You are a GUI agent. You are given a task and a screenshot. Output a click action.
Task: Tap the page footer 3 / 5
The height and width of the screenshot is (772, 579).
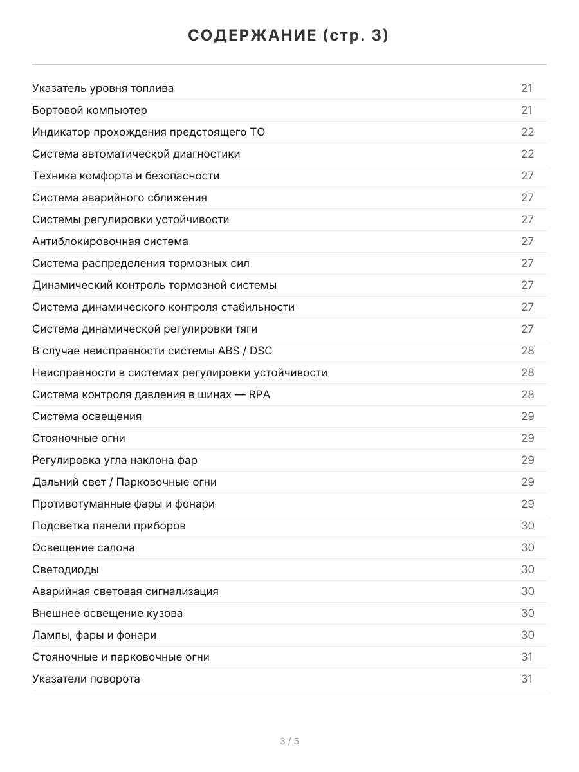point(289,741)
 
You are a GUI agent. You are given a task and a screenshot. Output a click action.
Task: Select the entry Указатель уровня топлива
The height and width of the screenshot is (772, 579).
point(103,88)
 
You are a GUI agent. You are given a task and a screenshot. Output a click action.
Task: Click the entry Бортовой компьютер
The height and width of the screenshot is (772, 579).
point(89,110)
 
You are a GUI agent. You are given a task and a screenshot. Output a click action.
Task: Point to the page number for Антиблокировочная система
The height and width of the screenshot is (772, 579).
point(528,241)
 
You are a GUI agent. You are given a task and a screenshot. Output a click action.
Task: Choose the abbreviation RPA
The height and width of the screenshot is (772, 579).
point(259,394)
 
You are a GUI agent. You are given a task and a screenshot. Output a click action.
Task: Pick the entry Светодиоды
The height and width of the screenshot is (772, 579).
point(66,569)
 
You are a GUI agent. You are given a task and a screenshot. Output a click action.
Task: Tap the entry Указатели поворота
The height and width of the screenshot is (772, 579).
point(86,679)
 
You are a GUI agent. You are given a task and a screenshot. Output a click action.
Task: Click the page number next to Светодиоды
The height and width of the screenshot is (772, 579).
point(528,569)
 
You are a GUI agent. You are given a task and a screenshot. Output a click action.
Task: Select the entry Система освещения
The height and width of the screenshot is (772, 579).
point(87,416)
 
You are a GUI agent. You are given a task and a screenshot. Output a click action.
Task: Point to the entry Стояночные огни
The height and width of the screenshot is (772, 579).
point(78,438)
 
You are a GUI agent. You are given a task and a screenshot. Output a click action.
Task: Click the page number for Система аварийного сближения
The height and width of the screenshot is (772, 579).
point(528,198)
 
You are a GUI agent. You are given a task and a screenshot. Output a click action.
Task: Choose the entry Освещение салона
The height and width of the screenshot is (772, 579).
point(84,547)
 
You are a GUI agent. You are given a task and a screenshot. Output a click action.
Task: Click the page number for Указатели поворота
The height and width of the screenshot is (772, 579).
point(527,679)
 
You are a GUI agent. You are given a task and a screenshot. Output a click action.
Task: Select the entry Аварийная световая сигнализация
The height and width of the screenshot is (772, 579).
point(125,591)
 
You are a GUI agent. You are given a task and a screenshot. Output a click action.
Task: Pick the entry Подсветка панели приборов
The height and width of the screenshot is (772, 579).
point(109,526)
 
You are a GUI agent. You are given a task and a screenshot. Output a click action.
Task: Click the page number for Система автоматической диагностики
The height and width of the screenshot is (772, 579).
point(528,154)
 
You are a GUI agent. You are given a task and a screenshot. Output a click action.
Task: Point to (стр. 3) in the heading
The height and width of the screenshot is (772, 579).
point(355,36)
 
